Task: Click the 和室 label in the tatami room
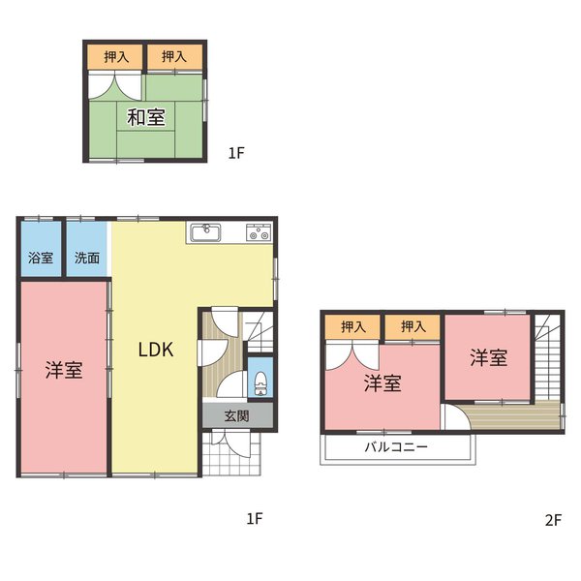click(x=145, y=117)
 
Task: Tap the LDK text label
click(x=156, y=350)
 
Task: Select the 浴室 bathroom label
click(x=41, y=258)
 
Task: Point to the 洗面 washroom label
click(x=87, y=258)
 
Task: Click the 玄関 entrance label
click(x=237, y=415)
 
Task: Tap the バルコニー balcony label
click(x=396, y=446)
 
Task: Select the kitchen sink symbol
click(x=205, y=233)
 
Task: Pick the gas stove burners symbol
click(x=259, y=232)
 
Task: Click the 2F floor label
click(x=553, y=520)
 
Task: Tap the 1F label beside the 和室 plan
click(x=236, y=153)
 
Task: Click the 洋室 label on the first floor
click(x=64, y=370)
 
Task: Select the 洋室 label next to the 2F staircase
click(x=488, y=357)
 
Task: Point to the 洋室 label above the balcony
click(x=382, y=383)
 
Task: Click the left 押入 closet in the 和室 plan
click(x=115, y=57)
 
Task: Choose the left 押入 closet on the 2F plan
click(x=352, y=327)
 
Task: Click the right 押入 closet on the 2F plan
click(x=413, y=327)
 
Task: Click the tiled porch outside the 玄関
click(x=232, y=453)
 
